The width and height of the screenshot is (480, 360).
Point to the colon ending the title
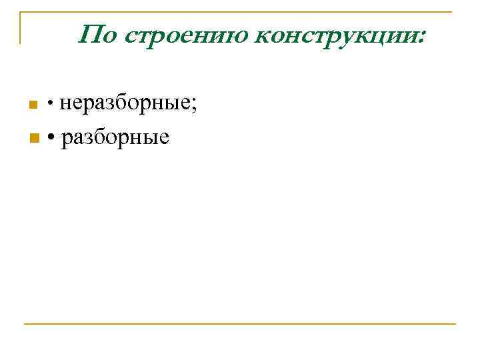pos(421,37)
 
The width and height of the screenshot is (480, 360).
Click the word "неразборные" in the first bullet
pos(126,103)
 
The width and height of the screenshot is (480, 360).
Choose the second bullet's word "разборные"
pos(115,138)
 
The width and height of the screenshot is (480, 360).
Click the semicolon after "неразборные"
pos(194,106)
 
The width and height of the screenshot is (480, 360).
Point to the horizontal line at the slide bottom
pos(240,324)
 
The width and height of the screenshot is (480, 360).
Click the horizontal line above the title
pos(240,12)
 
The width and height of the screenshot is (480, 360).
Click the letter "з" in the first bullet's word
pos(103,105)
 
